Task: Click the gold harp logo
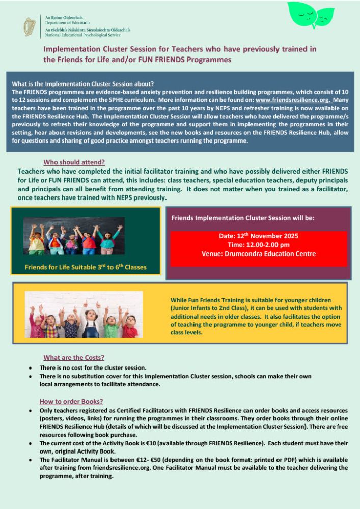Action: [x=30, y=26]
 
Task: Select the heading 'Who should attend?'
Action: [x=74, y=162]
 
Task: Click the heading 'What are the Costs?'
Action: [x=74, y=357]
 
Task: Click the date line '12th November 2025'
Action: [x=258, y=236]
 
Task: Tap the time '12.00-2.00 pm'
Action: [x=258, y=245]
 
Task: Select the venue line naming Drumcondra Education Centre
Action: [x=258, y=253]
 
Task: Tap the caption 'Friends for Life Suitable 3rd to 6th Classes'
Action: [x=85, y=267]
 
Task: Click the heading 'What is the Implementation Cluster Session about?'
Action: [x=82, y=83]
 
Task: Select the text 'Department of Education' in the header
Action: [x=67, y=23]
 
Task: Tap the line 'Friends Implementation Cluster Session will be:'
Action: [x=243, y=217]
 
